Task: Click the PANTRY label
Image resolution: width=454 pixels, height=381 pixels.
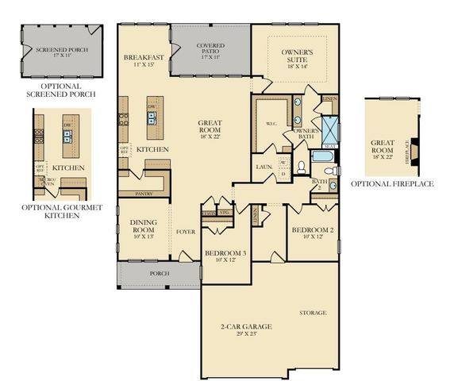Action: pos(144,193)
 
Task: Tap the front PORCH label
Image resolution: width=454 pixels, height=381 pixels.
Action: pos(159,274)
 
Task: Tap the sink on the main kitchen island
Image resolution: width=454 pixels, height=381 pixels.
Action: pos(151,119)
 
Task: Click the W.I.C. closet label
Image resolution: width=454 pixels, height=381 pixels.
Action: pos(270,125)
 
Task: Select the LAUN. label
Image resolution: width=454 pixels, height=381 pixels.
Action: pos(264,167)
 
